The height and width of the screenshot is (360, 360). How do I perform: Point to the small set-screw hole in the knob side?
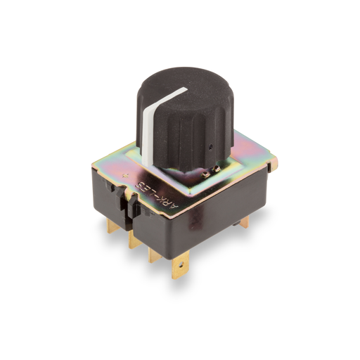[x=211, y=148]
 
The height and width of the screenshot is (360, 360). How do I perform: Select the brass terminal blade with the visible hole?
[x=179, y=266]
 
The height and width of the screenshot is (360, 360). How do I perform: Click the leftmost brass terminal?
[x=112, y=226]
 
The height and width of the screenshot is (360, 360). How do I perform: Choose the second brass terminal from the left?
[x=133, y=240]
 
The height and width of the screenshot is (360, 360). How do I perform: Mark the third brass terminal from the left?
[x=155, y=254]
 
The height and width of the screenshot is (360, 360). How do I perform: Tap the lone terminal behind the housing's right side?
[x=243, y=222]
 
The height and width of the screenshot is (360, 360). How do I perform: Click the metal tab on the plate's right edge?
[x=274, y=163]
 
